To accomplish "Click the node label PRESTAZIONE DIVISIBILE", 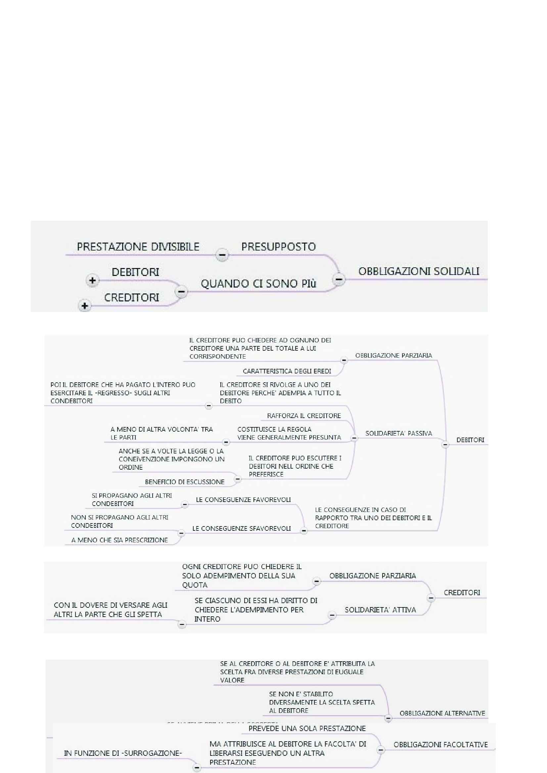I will (x=138, y=247).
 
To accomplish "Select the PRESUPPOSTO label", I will (x=278, y=247).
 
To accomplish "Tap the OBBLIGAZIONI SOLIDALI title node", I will (x=419, y=271).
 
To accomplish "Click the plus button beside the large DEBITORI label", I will (x=92, y=280).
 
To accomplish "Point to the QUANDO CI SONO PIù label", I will (x=258, y=284).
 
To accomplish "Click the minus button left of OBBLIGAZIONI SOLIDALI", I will (x=339, y=279).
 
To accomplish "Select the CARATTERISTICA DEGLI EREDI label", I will (x=287, y=371).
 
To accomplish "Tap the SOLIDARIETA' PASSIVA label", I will (x=398, y=433).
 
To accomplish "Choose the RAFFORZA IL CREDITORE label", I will (x=304, y=416).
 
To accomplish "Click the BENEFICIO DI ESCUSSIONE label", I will (x=185, y=482).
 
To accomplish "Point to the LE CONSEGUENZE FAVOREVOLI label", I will (x=243, y=500).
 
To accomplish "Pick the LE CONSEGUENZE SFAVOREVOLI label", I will (x=241, y=528).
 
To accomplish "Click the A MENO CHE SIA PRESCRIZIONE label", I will (x=120, y=540).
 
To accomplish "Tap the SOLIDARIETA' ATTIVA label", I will (x=380, y=610).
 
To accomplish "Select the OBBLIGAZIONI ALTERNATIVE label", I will (x=442, y=713).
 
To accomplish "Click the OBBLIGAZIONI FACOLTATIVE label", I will (x=440, y=745).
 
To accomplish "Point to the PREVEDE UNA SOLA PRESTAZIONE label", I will (x=307, y=729).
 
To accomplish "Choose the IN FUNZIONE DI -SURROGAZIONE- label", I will (x=123, y=753).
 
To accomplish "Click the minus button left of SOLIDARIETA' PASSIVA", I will (x=354, y=438).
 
